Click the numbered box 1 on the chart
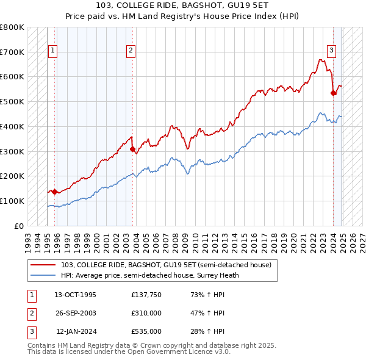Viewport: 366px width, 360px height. click(x=52, y=51)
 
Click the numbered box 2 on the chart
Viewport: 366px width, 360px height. click(x=131, y=51)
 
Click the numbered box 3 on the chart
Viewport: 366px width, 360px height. click(x=331, y=51)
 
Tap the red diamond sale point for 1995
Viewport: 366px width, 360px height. click(x=54, y=192)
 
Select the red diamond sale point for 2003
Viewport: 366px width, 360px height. click(x=132, y=149)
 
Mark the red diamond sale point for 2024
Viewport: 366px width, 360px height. click(x=334, y=93)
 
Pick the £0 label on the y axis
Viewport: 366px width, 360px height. click(x=20, y=226)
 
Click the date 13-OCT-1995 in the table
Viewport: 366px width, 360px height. click(x=76, y=295)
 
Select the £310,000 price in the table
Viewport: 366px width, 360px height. click(x=146, y=313)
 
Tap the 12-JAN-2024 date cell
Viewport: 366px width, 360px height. click(x=76, y=331)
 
